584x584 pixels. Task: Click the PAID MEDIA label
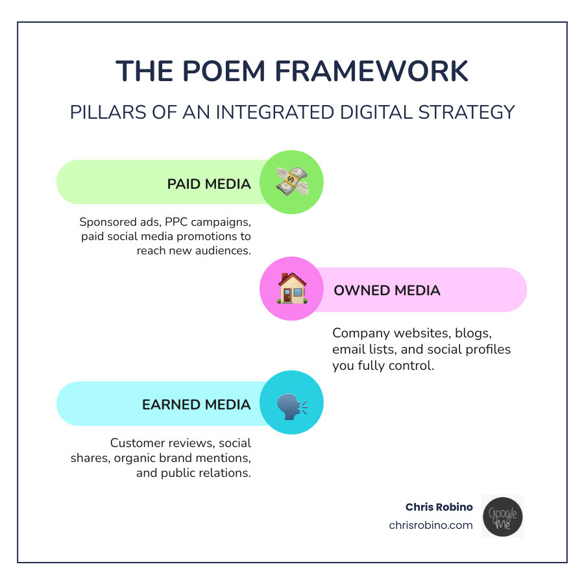point(208,184)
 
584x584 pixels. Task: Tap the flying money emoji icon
point(291,182)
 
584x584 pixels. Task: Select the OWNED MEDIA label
point(387,290)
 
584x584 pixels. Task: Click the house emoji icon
point(291,289)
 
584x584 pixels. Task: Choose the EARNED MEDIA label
point(196,404)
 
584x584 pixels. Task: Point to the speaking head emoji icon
point(291,403)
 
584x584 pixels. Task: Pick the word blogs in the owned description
point(476,334)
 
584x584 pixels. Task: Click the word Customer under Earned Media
point(137,443)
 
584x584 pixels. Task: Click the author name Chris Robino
point(439,507)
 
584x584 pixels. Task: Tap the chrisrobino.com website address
point(431,525)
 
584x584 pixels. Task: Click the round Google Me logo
point(502,517)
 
